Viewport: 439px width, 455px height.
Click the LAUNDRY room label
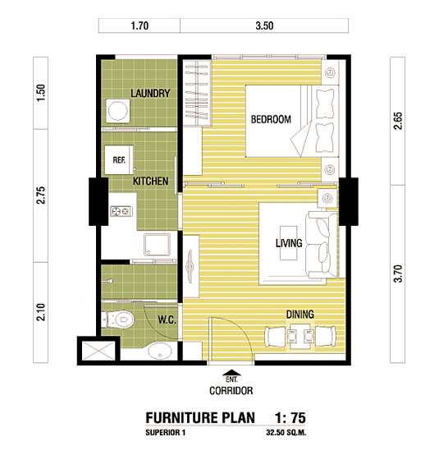point(150,93)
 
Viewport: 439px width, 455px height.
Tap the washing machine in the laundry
point(117,111)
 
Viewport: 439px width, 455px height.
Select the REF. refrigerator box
point(119,160)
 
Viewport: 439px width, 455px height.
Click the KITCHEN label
point(150,181)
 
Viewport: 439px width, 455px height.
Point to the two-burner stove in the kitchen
point(121,211)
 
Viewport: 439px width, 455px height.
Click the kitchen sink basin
point(158,245)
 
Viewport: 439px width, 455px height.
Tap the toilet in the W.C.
point(118,319)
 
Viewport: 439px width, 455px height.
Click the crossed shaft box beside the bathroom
point(98,351)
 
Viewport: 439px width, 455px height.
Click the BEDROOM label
point(271,119)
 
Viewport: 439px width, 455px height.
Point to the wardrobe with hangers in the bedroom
point(197,93)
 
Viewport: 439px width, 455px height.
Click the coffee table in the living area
point(289,243)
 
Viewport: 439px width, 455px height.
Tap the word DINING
point(300,315)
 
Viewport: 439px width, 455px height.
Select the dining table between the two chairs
point(300,336)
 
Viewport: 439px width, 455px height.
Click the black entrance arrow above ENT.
point(231,373)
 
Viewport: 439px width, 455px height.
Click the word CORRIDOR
point(231,391)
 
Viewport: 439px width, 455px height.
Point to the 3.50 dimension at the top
point(264,25)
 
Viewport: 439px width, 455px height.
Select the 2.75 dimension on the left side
point(41,195)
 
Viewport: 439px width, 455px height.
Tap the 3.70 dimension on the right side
point(398,273)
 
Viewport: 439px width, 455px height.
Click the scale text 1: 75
point(290,418)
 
